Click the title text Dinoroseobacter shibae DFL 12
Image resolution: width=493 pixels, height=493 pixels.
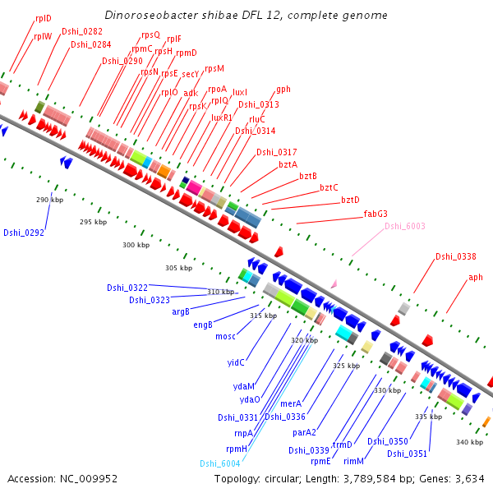(246, 16)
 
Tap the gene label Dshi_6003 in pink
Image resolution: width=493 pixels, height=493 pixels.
(404, 226)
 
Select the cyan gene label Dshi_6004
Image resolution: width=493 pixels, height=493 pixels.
(218, 463)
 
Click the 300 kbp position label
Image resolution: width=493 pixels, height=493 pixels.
(136, 245)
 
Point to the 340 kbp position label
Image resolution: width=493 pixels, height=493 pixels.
(469, 443)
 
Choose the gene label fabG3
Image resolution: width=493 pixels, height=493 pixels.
(376, 214)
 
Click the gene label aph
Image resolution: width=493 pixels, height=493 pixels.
(476, 277)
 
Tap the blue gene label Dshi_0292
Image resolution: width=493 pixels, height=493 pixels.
(23, 233)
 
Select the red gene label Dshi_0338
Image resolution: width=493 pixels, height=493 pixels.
(455, 256)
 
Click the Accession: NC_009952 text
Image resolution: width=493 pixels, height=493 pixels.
(62, 478)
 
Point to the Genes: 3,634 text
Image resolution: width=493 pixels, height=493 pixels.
(457, 478)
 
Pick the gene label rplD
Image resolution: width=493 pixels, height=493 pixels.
(43, 17)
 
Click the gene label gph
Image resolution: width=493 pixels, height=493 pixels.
(283, 89)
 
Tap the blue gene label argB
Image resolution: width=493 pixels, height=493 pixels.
(181, 311)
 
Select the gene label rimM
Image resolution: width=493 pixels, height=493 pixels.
(353, 462)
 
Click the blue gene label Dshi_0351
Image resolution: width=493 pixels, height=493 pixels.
(407, 454)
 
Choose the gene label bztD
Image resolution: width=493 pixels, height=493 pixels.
(350, 200)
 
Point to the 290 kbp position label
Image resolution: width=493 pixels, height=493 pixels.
(49, 200)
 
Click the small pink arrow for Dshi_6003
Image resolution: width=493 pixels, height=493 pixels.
(334, 283)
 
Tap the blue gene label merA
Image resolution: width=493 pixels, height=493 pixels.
(291, 403)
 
